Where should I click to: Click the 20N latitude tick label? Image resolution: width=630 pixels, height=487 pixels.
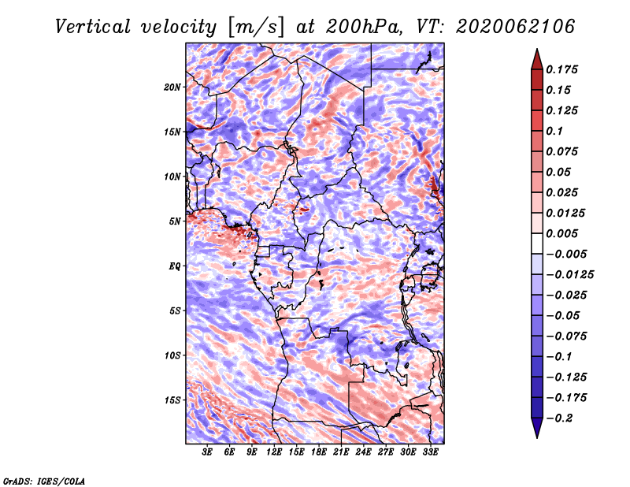coord(172,87)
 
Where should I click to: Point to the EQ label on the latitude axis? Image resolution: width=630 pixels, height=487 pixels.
coord(175,266)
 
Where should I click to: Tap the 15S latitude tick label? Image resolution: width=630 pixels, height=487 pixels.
coord(172,400)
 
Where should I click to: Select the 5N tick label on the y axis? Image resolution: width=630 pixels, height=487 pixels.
coord(175,221)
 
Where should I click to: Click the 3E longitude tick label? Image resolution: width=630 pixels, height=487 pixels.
coord(207,452)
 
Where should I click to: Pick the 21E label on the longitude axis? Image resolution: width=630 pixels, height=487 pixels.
coord(341,452)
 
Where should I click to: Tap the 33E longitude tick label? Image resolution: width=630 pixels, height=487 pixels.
coord(430,452)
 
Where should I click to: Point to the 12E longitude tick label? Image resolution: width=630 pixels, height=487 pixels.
coord(274,452)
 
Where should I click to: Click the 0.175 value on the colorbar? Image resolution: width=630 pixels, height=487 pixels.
coord(561,69)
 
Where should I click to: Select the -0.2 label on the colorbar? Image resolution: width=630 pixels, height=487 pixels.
coord(559,418)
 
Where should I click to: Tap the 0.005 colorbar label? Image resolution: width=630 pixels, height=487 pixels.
coord(561,233)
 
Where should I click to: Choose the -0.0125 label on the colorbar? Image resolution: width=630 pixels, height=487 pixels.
coord(569,275)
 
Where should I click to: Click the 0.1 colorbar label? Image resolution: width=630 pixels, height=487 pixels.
coord(554,131)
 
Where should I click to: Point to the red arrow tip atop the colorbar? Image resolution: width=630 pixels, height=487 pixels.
coord(537,49)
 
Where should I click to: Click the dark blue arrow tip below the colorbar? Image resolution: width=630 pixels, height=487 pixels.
coord(537,437)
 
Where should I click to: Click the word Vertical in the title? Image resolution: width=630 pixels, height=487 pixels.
coord(93,27)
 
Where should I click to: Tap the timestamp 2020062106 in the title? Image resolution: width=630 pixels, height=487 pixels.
coord(516,27)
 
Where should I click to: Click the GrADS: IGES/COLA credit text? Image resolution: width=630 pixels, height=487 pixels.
coord(44,481)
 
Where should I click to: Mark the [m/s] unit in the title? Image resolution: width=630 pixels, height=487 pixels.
coord(256,28)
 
